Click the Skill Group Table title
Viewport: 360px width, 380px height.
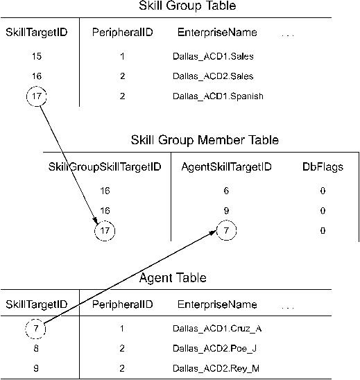click(187, 6)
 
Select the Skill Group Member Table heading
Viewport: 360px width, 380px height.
click(205, 140)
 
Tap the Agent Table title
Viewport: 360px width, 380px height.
click(173, 278)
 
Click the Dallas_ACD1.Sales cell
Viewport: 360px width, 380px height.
click(213, 56)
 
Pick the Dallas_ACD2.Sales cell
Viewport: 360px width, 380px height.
click(213, 76)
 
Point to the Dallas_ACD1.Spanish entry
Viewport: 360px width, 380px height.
click(218, 96)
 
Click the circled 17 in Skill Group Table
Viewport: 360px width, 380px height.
click(36, 96)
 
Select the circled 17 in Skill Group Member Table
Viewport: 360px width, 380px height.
click(105, 231)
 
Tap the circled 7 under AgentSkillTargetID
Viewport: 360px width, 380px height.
click(226, 230)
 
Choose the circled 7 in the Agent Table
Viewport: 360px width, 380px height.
click(35, 329)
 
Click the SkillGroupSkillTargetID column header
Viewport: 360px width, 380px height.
click(105, 167)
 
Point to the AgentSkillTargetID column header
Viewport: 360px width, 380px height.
click(226, 167)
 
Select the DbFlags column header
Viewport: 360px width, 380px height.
click(323, 167)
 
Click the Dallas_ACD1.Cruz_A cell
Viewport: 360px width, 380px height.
click(217, 329)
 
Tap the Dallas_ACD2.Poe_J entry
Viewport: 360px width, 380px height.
click(214, 349)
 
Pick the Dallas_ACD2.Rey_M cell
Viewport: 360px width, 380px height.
click(216, 368)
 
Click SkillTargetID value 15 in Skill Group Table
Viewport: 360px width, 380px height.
click(37, 56)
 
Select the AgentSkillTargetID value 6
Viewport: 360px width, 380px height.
click(226, 191)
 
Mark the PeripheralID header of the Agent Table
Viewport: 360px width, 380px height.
click(122, 304)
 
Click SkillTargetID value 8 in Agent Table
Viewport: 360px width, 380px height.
click(36, 349)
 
